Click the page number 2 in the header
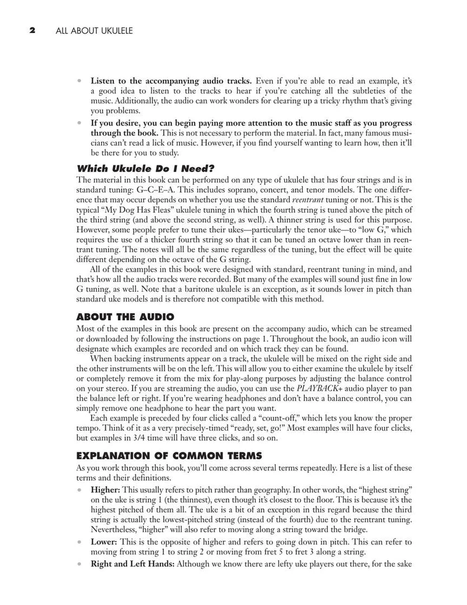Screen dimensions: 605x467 (32, 31)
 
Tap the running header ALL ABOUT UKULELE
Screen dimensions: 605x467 (94, 31)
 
